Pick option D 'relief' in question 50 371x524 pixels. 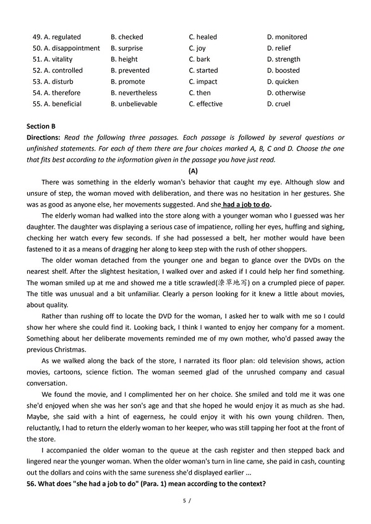tap(279, 48)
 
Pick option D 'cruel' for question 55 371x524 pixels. tap(278, 104)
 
